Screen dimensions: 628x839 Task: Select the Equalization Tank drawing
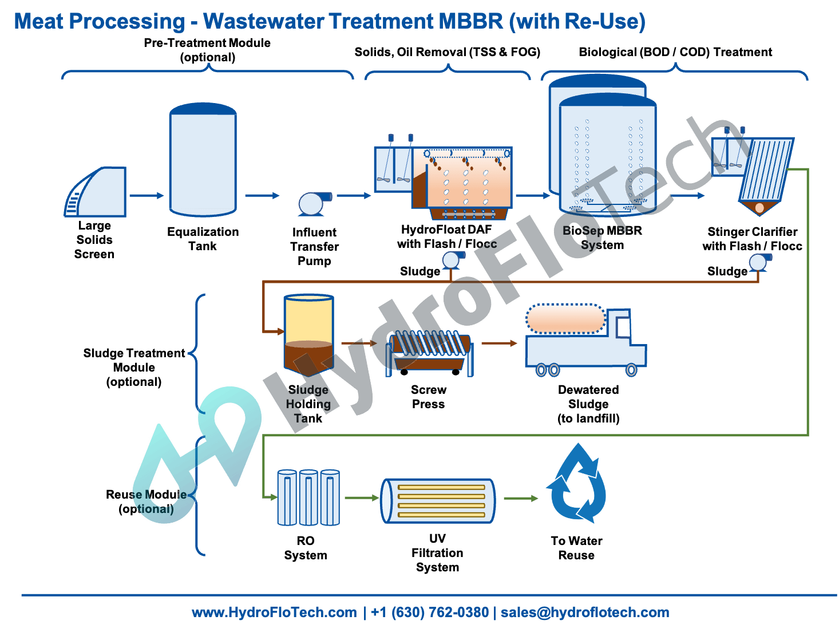click(203, 160)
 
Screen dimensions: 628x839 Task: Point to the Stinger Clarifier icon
click(755, 172)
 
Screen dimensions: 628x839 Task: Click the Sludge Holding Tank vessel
click(308, 332)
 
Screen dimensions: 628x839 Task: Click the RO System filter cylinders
click(308, 497)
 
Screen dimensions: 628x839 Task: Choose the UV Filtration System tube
click(438, 501)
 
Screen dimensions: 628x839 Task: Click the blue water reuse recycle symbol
click(577, 484)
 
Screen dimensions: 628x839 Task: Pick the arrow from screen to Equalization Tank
click(147, 196)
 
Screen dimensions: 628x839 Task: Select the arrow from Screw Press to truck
click(499, 343)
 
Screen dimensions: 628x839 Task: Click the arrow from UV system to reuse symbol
click(521, 499)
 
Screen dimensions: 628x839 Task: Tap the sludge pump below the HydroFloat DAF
click(451, 260)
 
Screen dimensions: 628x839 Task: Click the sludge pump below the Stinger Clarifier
click(758, 263)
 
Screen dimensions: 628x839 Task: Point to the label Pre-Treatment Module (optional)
click(207, 50)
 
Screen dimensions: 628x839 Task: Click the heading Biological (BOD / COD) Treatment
click(675, 52)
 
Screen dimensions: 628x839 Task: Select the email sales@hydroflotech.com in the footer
click(585, 613)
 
